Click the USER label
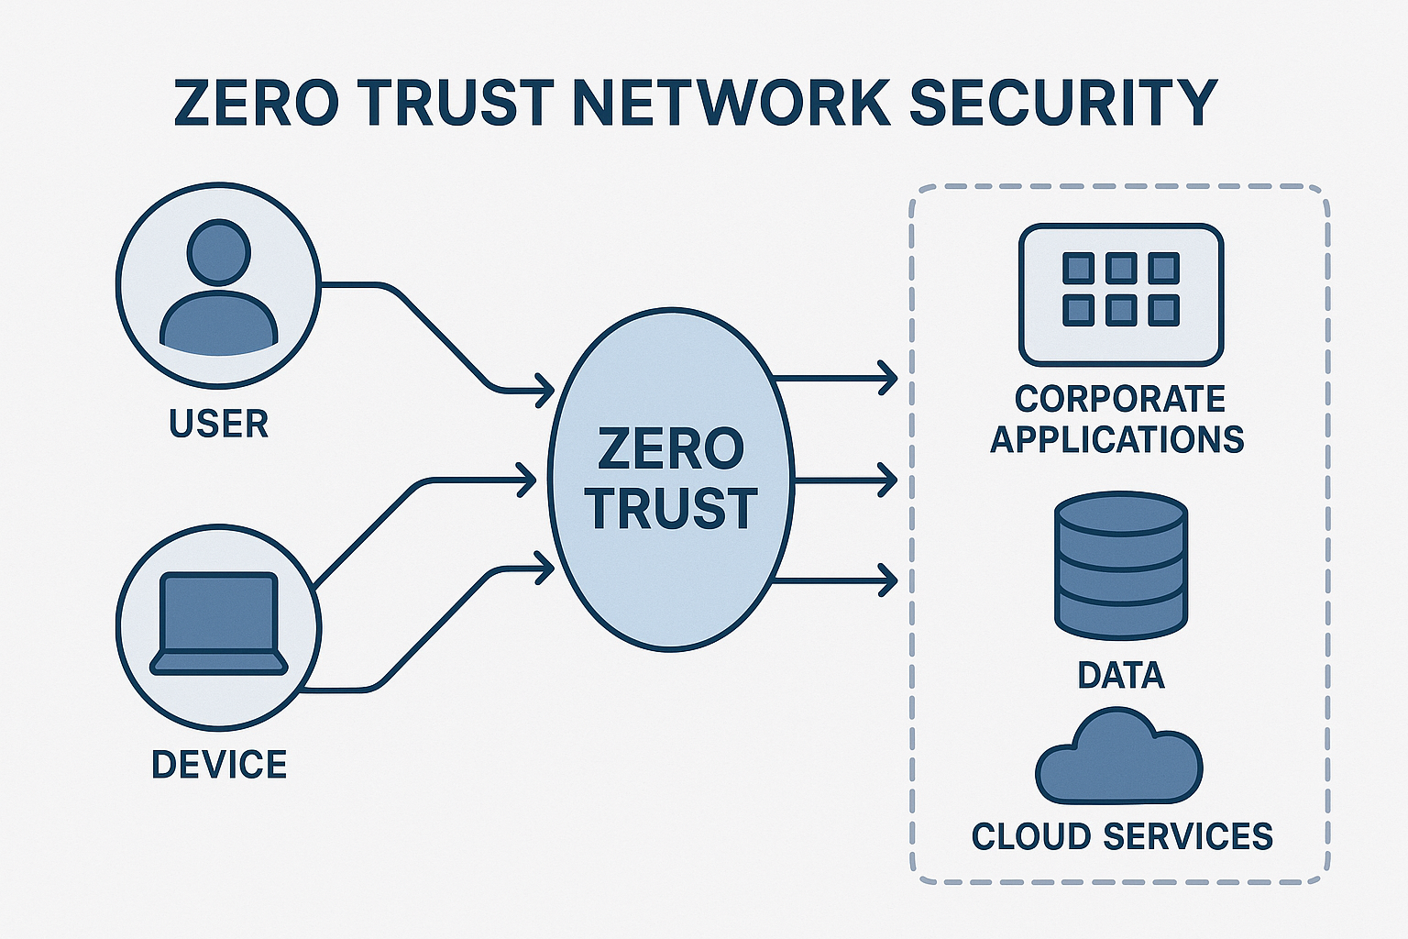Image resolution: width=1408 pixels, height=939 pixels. [219, 424]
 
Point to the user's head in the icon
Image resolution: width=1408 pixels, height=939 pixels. [218, 252]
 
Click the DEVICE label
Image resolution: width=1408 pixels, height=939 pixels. [219, 764]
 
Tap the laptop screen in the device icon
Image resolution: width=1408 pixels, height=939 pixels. [218, 612]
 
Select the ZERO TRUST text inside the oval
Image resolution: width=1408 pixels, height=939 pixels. [670, 478]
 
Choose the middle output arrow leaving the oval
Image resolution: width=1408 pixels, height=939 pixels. [843, 480]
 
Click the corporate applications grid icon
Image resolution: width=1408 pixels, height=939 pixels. [1121, 293]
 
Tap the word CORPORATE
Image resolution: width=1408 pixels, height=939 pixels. [1120, 399]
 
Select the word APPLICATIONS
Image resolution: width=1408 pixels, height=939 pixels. [1117, 439]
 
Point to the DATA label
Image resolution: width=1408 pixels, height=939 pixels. [1121, 675]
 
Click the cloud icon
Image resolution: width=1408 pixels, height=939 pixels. [1118, 757]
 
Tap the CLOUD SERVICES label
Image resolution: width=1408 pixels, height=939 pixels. [1122, 836]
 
